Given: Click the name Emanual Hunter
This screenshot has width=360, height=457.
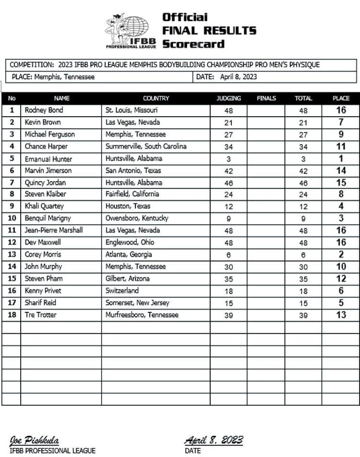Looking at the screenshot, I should point(46,158).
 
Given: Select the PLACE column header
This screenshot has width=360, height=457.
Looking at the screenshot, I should point(341,98).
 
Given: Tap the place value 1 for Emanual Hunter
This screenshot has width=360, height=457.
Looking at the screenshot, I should point(341,158).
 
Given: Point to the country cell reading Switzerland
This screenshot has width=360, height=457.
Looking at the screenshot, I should point(122,290).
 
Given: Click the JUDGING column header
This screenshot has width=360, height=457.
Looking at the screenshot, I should point(228,98).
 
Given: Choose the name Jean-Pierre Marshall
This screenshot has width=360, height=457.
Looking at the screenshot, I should point(54,230).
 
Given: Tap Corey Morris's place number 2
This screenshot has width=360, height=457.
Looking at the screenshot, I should point(341,254).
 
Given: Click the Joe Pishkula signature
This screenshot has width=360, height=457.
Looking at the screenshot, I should point(34,441).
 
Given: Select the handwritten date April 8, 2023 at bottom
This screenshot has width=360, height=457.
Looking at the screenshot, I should point(214,440).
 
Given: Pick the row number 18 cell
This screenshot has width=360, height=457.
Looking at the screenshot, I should point(12,314).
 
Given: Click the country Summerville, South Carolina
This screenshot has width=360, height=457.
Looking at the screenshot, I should point(146,146).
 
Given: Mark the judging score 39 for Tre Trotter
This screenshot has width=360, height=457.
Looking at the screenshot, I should point(228,315).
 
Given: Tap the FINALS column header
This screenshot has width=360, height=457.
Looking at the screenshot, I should point(266,98).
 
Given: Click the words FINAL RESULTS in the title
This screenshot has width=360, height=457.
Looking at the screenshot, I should point(209,30).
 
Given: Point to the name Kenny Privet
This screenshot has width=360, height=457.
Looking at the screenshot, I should point(43,290).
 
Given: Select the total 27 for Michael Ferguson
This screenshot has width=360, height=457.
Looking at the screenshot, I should point(303,135).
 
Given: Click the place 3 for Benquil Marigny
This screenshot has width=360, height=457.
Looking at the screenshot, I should point(341,218).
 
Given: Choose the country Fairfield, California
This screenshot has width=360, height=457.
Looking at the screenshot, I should point(132,194).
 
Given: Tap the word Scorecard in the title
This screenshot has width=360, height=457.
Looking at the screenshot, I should point(193,44).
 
